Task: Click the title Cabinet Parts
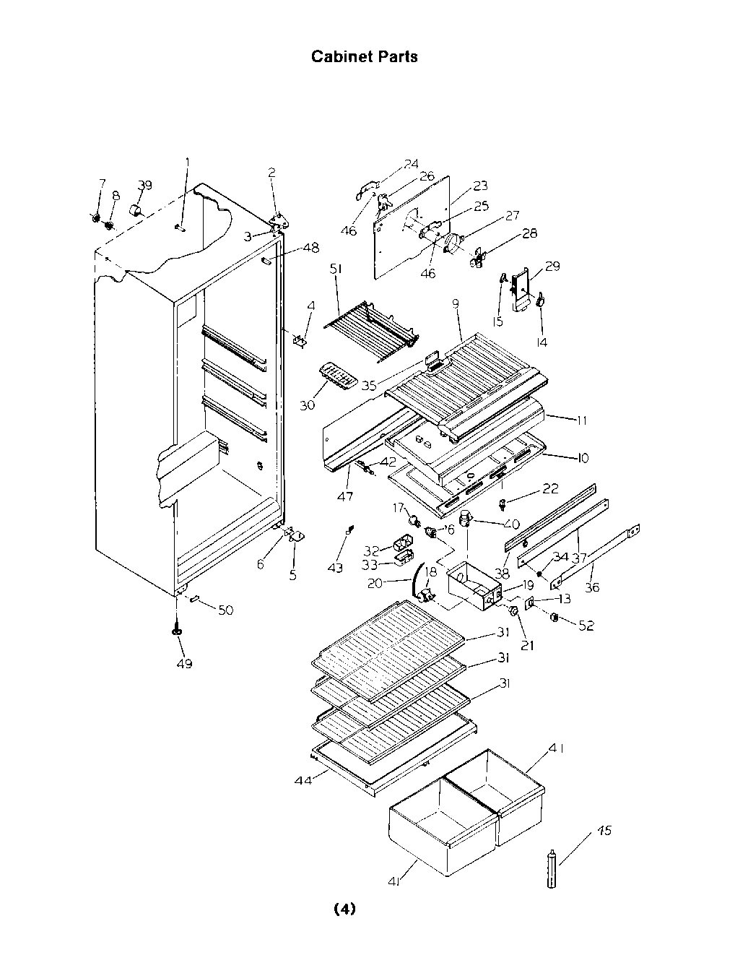point(364,56)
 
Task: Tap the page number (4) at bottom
point(344,909)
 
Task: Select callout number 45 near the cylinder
point(604,831)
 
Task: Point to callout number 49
point(184,663)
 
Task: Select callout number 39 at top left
point(144,185)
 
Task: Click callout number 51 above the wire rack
point(336,269)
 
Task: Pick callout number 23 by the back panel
point(481,186)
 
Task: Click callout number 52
point(586,626)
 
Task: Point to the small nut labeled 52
point(555,618)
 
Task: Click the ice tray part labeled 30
point(337,375)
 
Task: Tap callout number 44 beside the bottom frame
point(303,780)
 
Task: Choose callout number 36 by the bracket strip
point(592,587)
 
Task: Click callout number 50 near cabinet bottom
point(225,610)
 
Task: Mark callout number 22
point(550,489)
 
